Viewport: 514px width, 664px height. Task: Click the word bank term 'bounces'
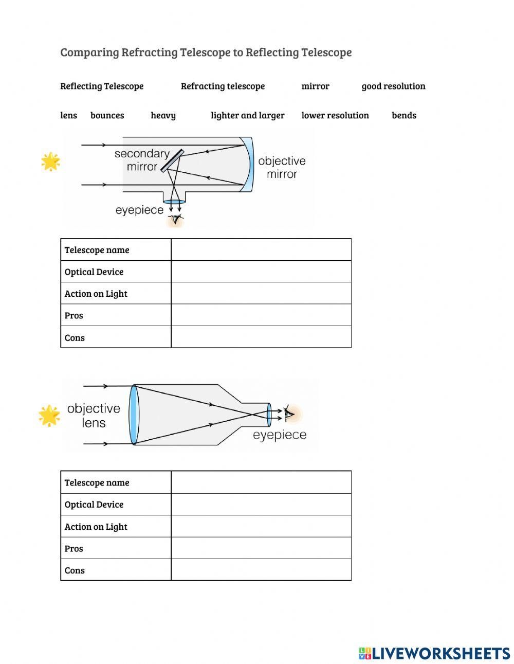[107, 115]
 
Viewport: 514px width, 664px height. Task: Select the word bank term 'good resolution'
[393, 86]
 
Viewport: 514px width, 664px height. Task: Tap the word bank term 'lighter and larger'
[247, 115]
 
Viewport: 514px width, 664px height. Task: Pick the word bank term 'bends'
[404, 115]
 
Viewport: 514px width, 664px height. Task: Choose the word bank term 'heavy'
[163, 115]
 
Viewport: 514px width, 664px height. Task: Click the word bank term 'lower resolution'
[335, 115]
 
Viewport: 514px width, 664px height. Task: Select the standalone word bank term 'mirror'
[315, 86]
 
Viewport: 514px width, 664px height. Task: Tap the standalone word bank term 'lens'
[68, 115]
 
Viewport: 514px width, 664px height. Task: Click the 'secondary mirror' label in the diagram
[141, 160]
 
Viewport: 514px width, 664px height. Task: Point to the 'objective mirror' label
[282, 167]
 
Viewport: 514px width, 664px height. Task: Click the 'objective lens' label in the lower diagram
[94, 416]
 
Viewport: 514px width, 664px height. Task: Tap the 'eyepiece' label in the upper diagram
[139, 210]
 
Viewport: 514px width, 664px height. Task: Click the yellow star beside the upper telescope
[50, 161]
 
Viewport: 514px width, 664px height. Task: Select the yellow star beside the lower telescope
[49, 416]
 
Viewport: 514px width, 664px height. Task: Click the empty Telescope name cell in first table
[261, 250]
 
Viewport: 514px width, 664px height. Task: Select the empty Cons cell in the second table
[261, 570]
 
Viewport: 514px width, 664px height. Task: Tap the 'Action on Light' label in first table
[96, 294]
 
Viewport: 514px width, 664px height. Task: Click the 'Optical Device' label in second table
[94, 505]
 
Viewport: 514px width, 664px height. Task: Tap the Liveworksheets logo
[434, 653]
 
